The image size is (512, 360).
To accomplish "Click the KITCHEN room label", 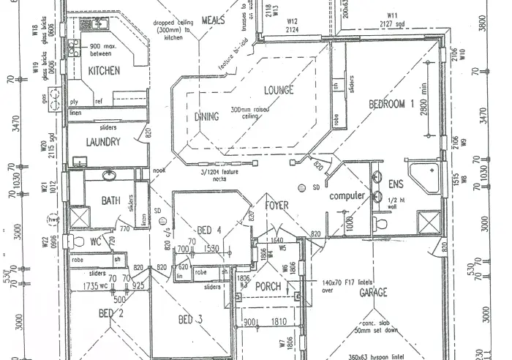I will tap(104, 71).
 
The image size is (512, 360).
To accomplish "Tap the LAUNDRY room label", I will tap(102, 142).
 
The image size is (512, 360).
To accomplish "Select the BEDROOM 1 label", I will tap(396, 104).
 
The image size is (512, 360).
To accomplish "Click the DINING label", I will tap(207, 116).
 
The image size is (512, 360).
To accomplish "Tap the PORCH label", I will tap(268, 286).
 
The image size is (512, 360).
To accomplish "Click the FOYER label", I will tap(276, 206).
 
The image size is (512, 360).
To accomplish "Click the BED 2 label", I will tap(112, 314).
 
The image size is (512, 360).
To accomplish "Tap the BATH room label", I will tap(110, 200).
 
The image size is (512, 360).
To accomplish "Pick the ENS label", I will tap(396, 183).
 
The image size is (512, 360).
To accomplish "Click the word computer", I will tap(347, 196).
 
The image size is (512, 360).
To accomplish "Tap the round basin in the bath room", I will tap(109, 176).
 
